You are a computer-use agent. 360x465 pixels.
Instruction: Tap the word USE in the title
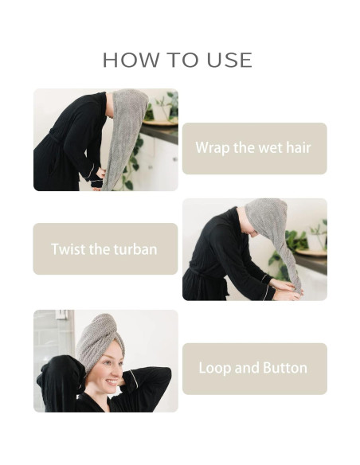pos(229,60)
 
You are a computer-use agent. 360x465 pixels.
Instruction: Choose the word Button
pos(285,368)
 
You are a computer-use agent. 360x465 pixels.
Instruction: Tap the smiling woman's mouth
pos(112,382)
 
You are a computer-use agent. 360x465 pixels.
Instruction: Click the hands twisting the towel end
pos(286,290)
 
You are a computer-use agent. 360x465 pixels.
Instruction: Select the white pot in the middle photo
pos(317,240)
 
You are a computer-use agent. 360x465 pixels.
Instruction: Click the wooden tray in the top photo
pos(160,122)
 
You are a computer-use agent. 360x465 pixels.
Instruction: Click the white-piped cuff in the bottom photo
pos(133,379)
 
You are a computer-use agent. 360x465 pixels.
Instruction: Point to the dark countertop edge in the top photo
pos(159,133)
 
